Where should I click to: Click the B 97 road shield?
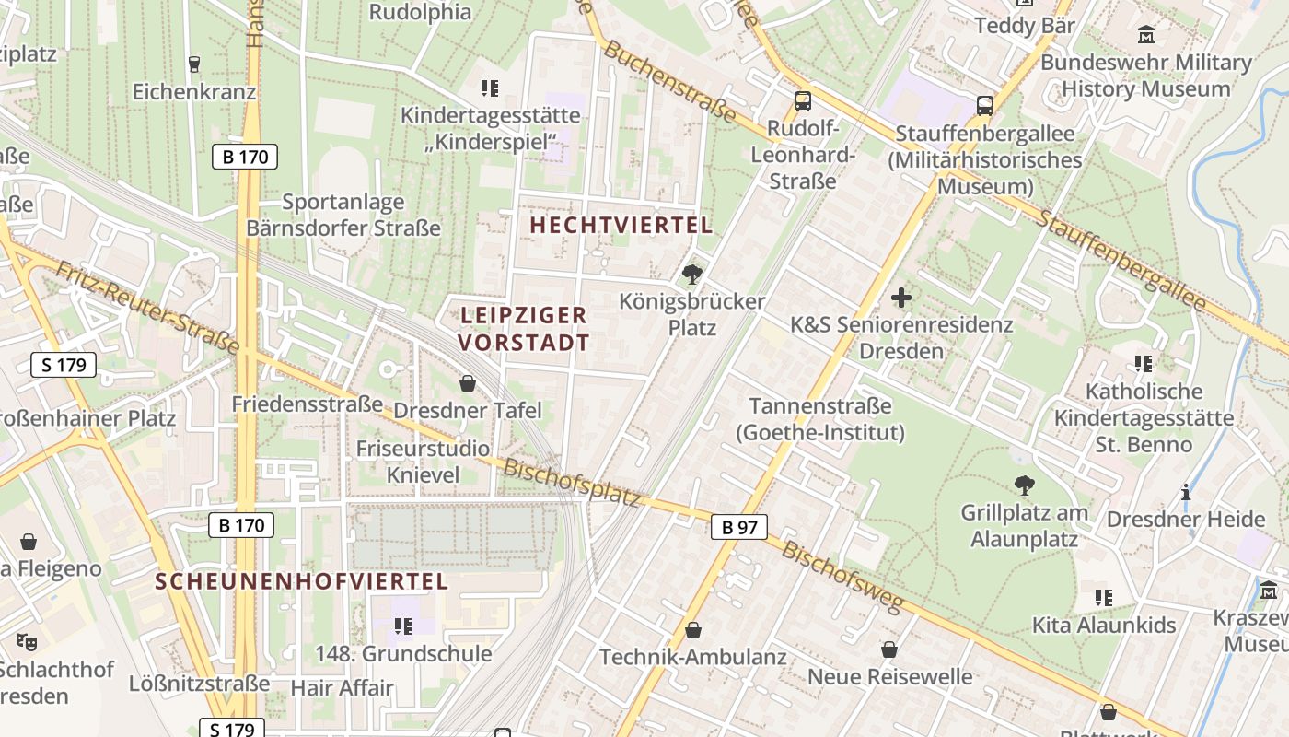(x=738, y=527)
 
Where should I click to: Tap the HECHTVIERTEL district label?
(x=621, y=225)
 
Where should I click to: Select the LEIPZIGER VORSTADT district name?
(x=524, y=329)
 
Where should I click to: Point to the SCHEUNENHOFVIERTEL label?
(x=302, y=581)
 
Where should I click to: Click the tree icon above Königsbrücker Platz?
(x=691, y=274)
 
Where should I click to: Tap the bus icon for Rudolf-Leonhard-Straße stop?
(x=803, y=101)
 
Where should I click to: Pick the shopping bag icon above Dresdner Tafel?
(x=468, y=383)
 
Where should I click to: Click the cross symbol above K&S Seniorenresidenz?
(x=901, y=298)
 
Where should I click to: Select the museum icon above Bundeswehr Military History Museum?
(x=1146, y=36)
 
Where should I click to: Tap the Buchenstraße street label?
(x=670, y=82)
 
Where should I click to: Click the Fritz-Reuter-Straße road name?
(x=147, y=309)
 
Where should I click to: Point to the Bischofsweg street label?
(x=842, y=577)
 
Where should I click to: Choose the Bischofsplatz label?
(x=571, y=482)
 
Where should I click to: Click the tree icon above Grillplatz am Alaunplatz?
(x=1024, y=485)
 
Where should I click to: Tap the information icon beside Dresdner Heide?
(x=1186, y=492)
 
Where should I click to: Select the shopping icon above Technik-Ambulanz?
(x=693, y=630)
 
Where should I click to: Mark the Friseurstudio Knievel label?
(x=423, y=462)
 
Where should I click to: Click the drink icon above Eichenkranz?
(x=193, y=64)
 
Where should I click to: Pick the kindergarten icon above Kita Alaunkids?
(x=1104, y=598)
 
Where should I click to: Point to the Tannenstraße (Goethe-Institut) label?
(x=820, y=419)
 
